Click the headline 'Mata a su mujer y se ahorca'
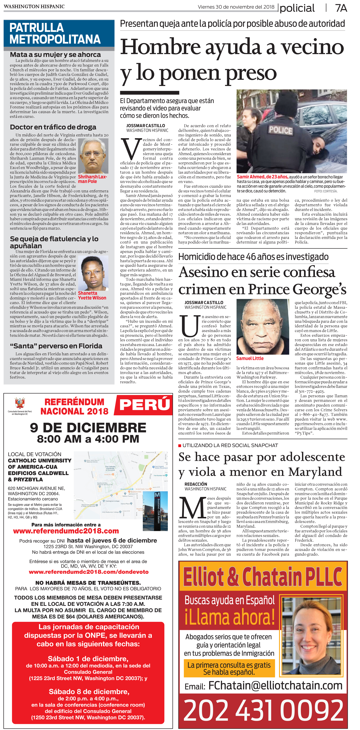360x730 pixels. pyautogui.click(x=55, y=54)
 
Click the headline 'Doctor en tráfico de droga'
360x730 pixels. pyautogui.click(x=53, y=127)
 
